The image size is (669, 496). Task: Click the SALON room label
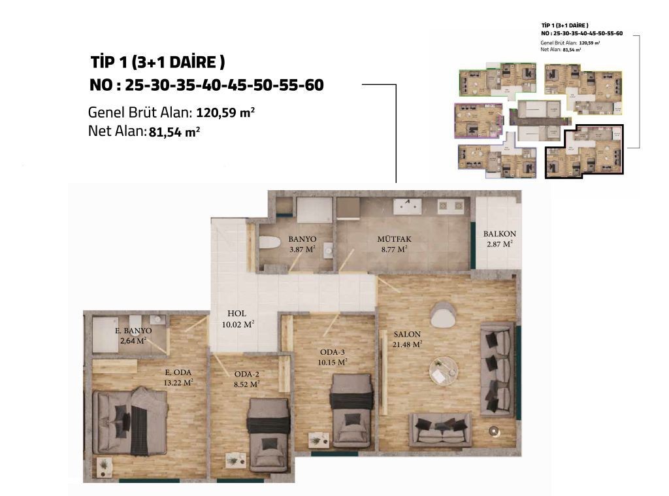click(407, 333)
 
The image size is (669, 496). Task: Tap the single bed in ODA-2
click(268, 431)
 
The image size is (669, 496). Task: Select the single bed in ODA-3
click(351, 410)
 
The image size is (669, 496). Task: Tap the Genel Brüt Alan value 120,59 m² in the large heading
click(225, 112)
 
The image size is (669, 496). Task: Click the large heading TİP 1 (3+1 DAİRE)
click(158, 62)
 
